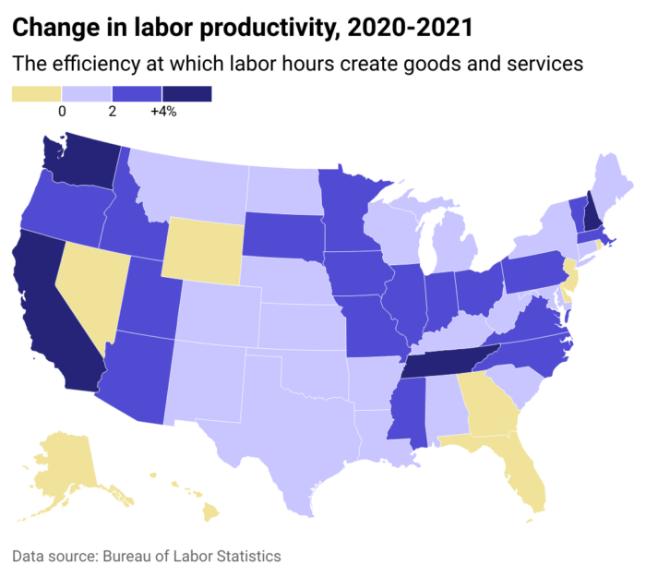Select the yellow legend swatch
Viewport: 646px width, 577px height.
pos(36,94)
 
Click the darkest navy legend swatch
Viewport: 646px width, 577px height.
pos(186,94)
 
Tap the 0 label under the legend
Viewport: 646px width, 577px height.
pos(62,112)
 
